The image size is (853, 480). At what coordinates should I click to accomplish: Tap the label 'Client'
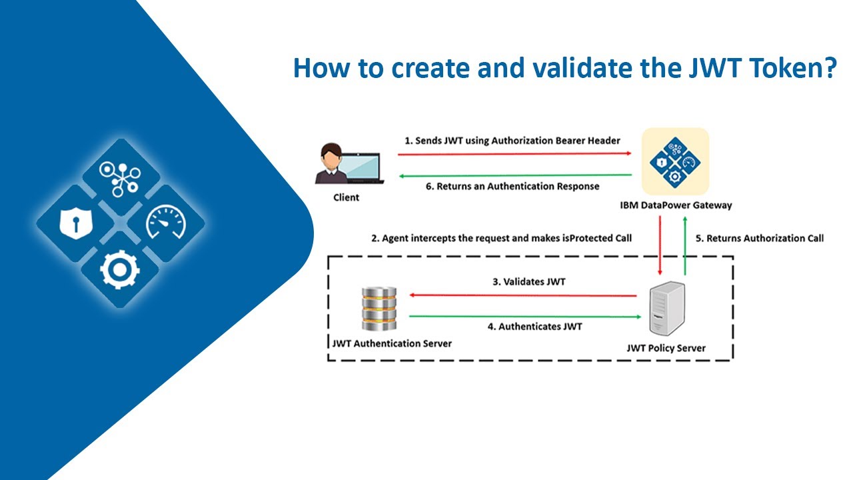click(346, 197)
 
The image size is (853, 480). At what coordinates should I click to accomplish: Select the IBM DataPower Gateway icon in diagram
click(675, 161)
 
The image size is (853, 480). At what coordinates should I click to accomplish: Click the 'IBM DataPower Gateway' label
click(675, 205)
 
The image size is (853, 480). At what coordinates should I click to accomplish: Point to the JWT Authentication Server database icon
click(379, 309)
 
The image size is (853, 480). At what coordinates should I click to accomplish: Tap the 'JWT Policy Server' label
click(666, 348)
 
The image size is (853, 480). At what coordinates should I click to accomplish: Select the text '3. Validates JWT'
click(528, 282)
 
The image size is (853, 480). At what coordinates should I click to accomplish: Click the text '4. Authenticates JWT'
click(540, 327)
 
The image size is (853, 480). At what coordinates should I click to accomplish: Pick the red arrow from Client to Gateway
click(513, 154)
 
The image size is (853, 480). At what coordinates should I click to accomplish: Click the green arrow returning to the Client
click(513, 175)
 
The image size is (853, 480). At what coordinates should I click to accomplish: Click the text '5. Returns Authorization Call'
click(764, 238)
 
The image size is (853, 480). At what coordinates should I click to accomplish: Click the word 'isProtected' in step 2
click(580, 238)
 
